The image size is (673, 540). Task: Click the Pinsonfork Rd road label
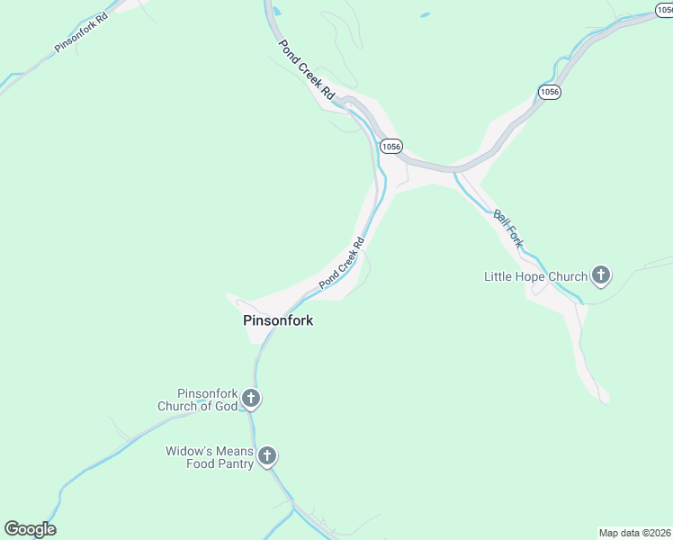81,31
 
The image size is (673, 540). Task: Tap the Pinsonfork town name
278,319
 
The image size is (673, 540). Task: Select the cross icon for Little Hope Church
601,276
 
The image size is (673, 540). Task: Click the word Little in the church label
499,276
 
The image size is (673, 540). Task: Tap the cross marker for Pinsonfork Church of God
251,399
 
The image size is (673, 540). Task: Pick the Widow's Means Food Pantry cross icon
266,456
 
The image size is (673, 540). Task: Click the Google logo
30,528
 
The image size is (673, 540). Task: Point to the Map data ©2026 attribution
635,532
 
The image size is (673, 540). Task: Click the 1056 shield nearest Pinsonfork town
390,146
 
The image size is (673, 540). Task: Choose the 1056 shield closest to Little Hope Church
550,92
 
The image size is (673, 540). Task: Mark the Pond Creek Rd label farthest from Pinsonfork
306,69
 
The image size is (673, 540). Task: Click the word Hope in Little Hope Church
538,276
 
